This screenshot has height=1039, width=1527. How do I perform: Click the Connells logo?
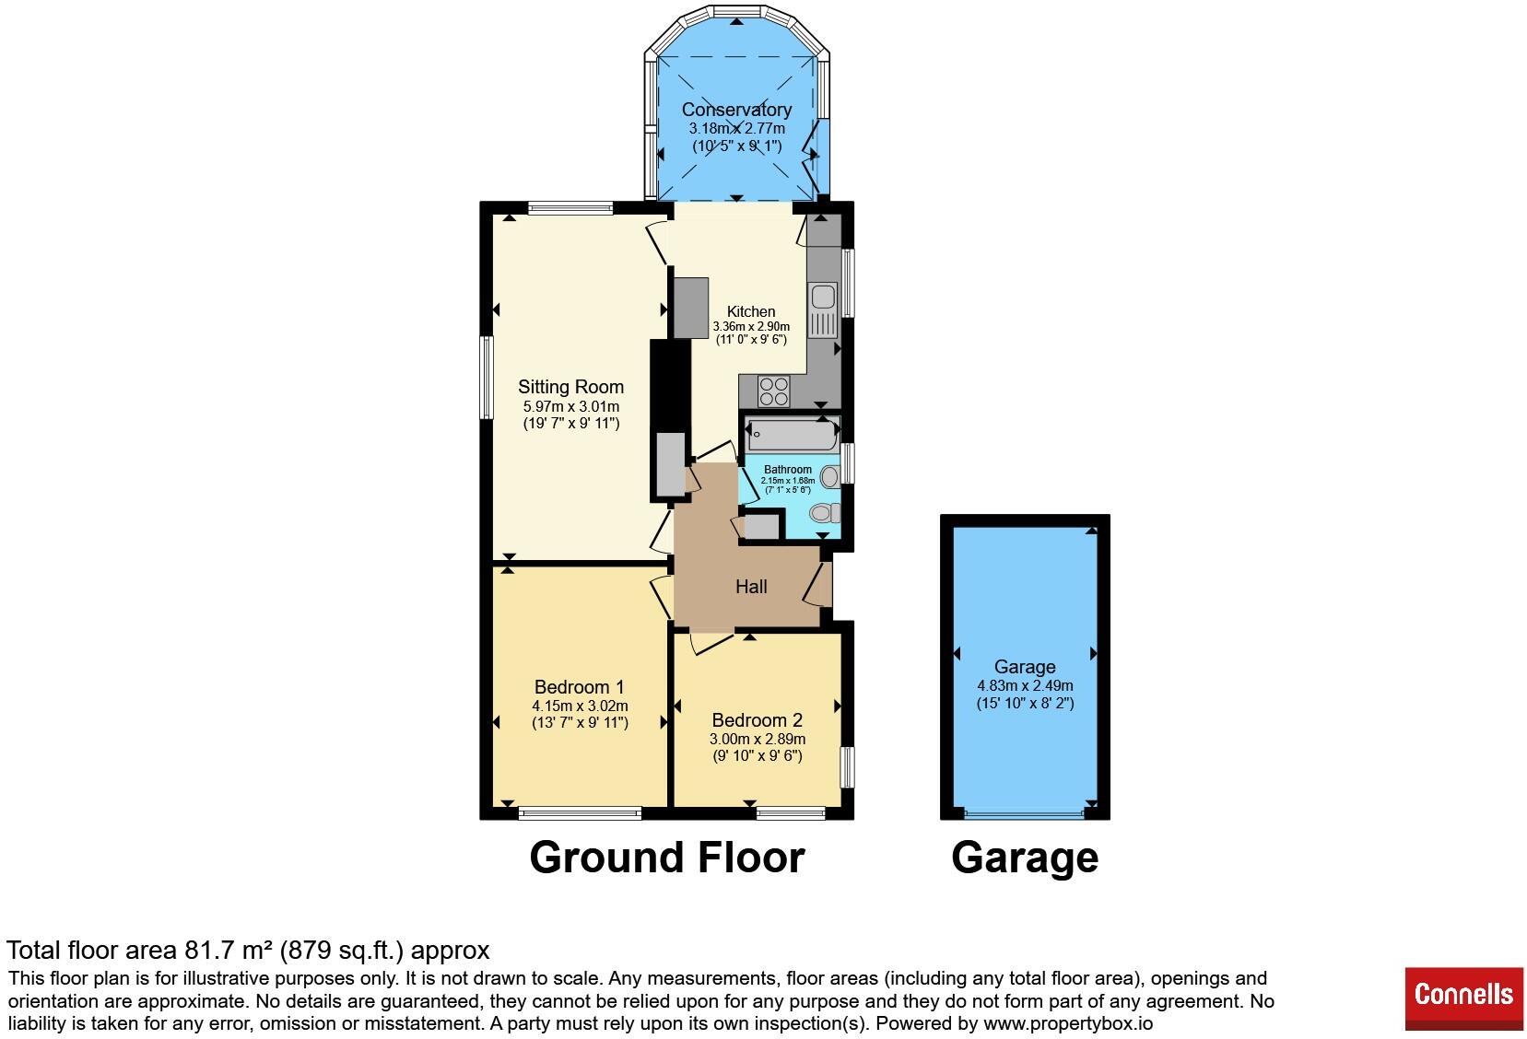pos(1463,995)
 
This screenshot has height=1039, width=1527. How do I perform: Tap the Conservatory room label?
pos(736,109)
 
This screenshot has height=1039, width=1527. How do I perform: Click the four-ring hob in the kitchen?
pos(774,391)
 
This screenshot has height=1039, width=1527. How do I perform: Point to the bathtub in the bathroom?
pos(793,434)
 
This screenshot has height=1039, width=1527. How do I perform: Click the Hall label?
pos(751,587)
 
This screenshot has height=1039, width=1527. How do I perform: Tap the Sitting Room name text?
pos(570,386)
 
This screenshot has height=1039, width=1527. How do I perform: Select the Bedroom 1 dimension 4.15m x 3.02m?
pos(581,706)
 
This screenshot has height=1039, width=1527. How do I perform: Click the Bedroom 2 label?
pos(758,719)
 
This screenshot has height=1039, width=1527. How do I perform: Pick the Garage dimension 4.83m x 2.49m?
pos(1026,685)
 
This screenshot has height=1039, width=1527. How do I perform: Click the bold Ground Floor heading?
pos(667,858)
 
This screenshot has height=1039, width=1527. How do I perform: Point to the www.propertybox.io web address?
pos(1068,1023)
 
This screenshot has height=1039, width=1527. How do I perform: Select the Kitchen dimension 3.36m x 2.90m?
pos(751,326)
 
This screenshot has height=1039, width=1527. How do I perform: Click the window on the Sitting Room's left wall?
pos(487,377)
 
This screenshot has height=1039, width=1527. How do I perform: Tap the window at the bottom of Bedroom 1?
pos(581,812)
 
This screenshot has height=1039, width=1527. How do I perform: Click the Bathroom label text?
pos(788,470)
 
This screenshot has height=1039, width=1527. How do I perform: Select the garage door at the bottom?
pos(1025,813)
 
